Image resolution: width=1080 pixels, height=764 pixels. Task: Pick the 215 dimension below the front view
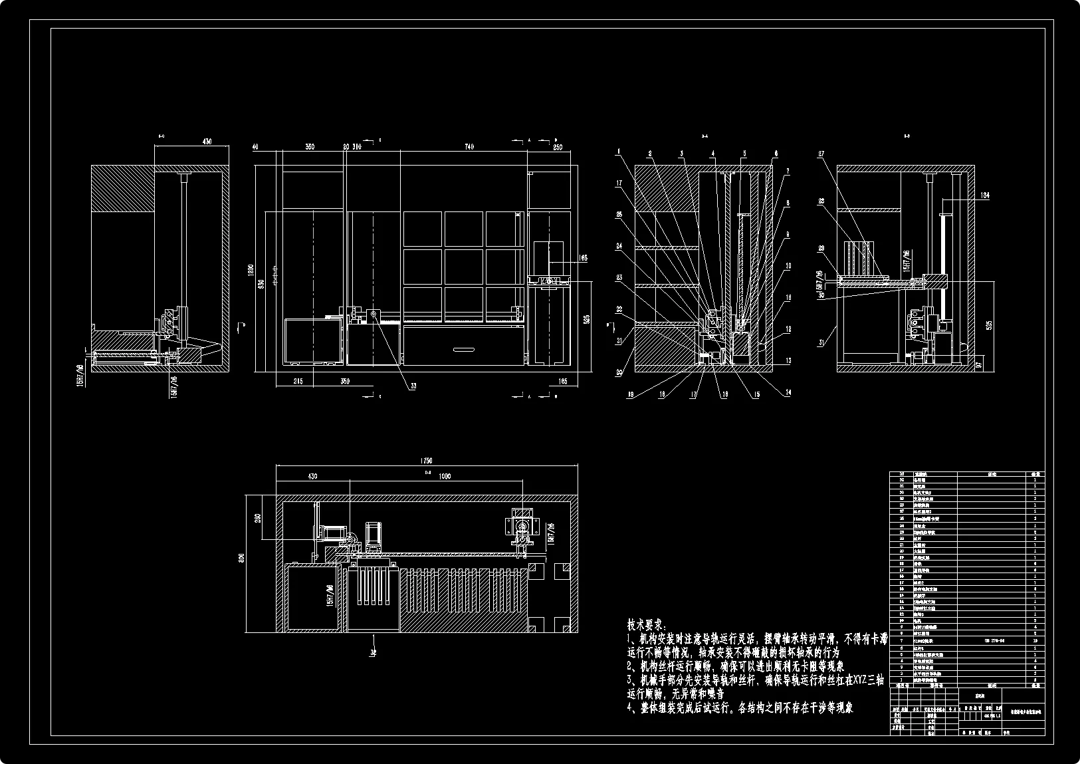[298, 382]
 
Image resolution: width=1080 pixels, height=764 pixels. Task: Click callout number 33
[414, 384]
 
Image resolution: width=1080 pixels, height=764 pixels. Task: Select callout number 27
[821, 154]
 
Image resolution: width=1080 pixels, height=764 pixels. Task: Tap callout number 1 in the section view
[618, 152]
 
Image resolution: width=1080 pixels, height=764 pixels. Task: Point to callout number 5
[744, 152]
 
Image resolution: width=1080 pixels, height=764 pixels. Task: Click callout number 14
[788, 393]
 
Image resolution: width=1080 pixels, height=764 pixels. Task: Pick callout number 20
[619, 373]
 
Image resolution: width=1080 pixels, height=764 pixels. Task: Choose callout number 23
[619, 279]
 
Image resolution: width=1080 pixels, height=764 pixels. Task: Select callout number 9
[788, 234]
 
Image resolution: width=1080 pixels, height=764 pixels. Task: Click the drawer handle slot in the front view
[464, 348]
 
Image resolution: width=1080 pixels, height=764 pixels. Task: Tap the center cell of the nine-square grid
[463, 267]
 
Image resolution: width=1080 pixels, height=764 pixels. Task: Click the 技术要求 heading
[645, 626]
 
